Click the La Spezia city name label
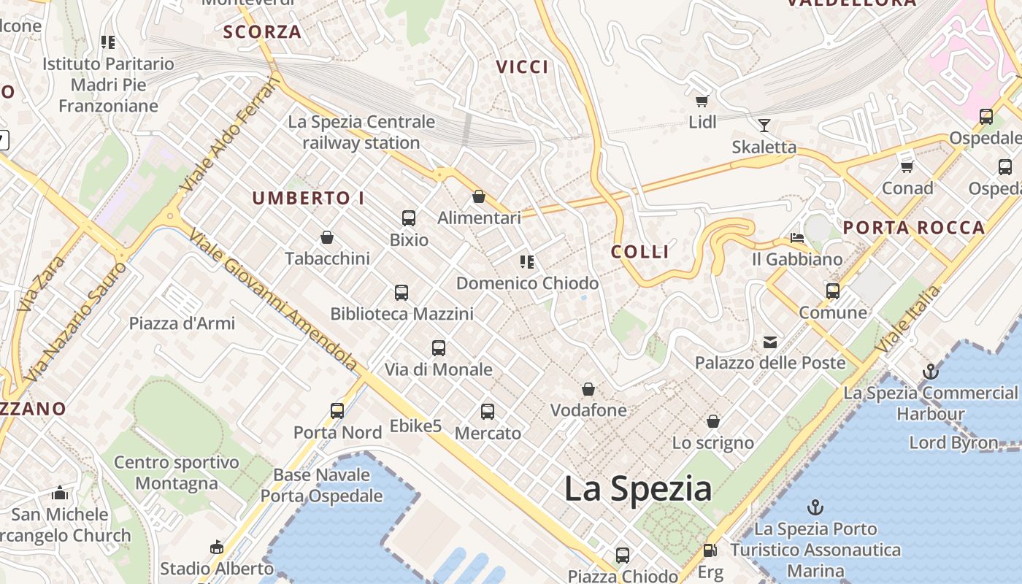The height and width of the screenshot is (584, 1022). pos(638,488)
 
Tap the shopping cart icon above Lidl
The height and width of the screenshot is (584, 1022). pos(702,101)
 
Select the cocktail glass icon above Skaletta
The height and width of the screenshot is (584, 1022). pos(764,126)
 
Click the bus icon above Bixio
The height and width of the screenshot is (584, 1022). pos(409,218)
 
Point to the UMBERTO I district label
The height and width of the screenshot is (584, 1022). pos(308,198)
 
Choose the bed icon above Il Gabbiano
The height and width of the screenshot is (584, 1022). pos(797,238)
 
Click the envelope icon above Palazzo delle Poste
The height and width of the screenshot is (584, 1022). pos(770,342)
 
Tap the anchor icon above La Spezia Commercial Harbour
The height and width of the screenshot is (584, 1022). pos(930,372)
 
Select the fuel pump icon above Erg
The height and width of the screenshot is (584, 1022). pos(710,550)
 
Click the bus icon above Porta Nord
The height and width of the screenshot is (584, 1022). pos(337,411)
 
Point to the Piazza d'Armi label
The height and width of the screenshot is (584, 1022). pos(182,323)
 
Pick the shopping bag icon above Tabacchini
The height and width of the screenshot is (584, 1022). pos(327,237)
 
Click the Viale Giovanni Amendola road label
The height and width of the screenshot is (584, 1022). pos(274,300)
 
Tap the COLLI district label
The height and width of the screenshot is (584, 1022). pos(640,252)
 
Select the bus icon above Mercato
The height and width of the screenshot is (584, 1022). pos(488,412)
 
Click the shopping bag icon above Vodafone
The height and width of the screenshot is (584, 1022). pos(588,389)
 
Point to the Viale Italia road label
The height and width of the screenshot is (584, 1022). pos(909,319)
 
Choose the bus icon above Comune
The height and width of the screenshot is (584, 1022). pos(833,291)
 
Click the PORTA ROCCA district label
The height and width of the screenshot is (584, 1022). pos(914,228)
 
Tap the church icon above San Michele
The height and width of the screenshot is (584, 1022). pos(60,493)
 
